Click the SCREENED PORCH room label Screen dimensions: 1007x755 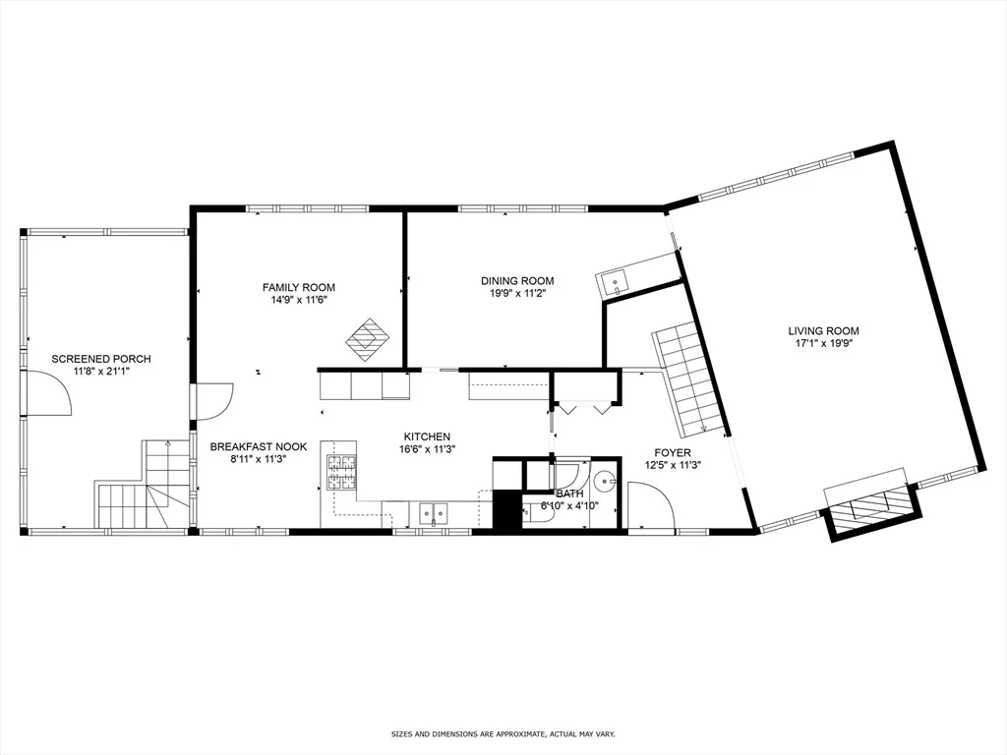(101, 359)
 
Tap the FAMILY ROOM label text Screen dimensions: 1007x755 (299, 288)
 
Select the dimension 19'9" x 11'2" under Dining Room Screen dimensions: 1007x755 (517, 293)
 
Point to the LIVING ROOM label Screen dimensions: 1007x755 (824, 331)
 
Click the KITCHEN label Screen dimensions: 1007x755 (427, 437)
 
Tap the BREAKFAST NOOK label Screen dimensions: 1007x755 (259, 447)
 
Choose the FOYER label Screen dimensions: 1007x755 (673, 453)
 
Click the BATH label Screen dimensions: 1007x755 (570, 494)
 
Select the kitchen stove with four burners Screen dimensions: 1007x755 (342, 473)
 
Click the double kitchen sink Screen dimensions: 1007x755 (434, 513)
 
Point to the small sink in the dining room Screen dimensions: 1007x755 (614, 281)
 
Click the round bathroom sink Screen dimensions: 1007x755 (604, 480)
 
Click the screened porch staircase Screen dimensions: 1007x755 (145, 484)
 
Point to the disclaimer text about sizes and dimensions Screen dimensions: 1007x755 (503, 733)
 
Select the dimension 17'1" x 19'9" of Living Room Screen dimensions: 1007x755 (824, 343)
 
